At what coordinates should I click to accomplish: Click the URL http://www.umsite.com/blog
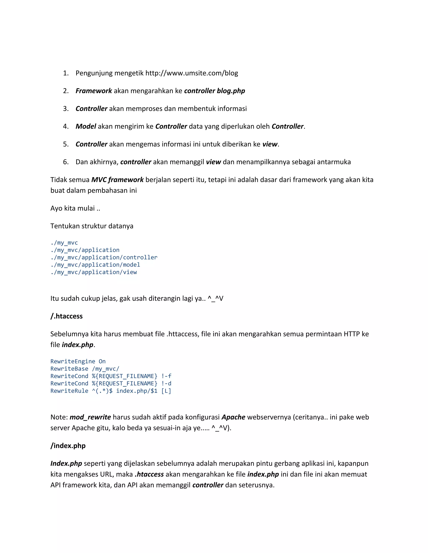pos(191,73)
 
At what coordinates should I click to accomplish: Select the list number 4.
pos(66,126)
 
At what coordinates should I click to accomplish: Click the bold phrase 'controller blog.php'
pos(214,91)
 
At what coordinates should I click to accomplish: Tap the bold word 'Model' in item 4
pos(86,126)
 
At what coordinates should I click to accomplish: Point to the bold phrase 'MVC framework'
pos(117,180)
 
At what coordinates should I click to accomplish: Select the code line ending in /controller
pos(104,257)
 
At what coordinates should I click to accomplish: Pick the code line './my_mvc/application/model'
pos(95,265)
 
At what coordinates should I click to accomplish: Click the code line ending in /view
pos(94,272)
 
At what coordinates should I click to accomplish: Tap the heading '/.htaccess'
pos(66,316)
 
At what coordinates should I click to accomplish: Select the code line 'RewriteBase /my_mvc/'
pos(85,369)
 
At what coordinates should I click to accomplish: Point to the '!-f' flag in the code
pos(166,376)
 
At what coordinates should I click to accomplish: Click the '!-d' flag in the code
pos(166,383)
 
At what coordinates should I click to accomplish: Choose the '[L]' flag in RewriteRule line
pos(166,391)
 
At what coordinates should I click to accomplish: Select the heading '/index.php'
pos(68,446)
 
